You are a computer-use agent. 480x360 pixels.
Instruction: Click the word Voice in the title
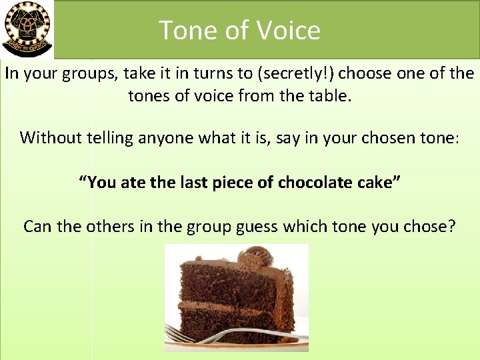tap(289, 31)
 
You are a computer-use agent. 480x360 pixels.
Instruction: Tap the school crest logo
tap(27, 29)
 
